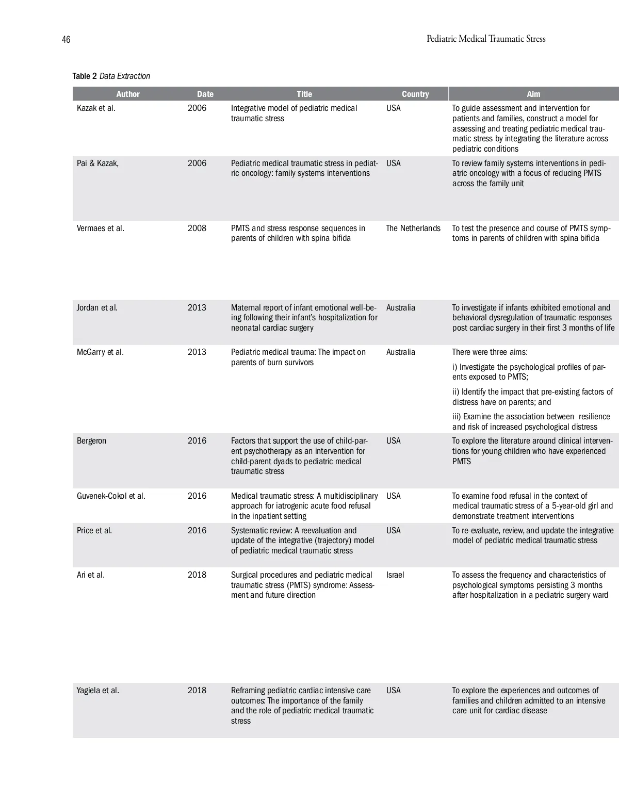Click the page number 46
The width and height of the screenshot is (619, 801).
[x=66, y=40]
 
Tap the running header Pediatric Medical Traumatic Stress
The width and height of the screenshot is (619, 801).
[x=485, y=39]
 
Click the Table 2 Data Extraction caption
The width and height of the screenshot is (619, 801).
[x=111, y=76]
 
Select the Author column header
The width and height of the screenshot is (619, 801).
[x=128, y=94]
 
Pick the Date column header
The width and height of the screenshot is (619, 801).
[x=205, y=94]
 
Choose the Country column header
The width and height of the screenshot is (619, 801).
[x=415, y=94]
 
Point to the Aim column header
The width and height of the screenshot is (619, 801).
[x=533, y=94]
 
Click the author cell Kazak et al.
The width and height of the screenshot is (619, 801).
[x=96, y=108]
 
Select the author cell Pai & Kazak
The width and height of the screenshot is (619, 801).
[x=97, y=164]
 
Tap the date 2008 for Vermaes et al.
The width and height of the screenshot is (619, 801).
[x=197, y=228]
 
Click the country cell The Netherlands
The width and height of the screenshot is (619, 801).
[x=413, y=228]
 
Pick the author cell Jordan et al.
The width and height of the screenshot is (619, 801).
[x=97, y=308]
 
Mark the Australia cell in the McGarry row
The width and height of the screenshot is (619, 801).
[x=400, y=352]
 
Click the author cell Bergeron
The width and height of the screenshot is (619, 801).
[x=91, y=441]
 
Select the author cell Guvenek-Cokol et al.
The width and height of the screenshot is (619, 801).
[x=111, y=496]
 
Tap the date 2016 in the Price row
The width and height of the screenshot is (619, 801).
[x=197, y=531]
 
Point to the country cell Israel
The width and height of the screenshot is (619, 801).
[x=395, y=575]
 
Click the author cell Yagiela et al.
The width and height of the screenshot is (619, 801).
[x=97, y=691]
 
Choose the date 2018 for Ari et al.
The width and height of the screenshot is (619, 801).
[x=197, y=575]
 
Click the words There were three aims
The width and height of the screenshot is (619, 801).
[x=490, y=352]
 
